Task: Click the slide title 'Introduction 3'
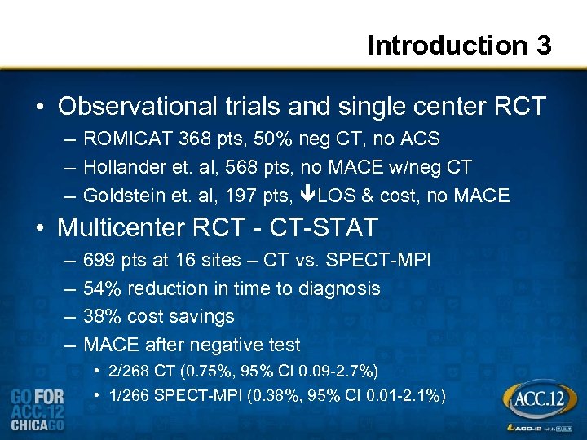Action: click(x=459, y=45)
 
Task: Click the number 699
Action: click(x=99, y=260)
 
